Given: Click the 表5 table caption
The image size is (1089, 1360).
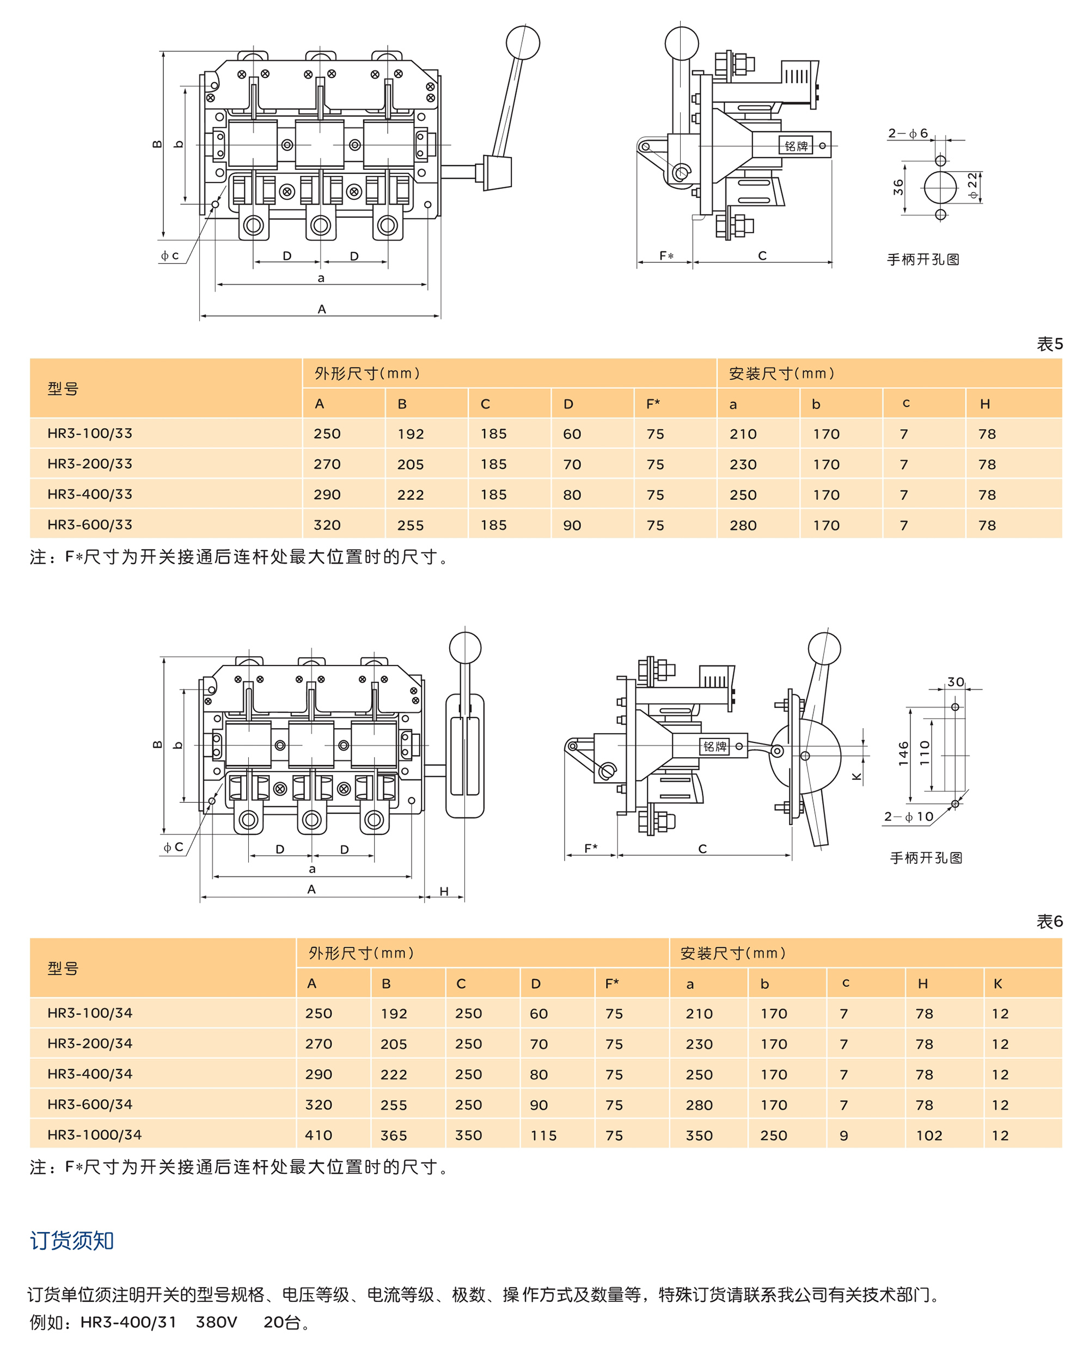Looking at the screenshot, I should pyautogui.click(x=1049, y=344).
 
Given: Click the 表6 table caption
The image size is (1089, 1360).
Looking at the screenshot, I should pyautogui.click(x=1049, y=922).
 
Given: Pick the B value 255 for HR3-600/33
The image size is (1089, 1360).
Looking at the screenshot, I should pyautogui.click(x=410, y=525).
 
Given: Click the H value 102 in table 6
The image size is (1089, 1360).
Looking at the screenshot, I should pyautogui.click(x=929, y=1135).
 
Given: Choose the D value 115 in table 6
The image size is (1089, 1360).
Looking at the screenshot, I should pyautogui.click(x=543, y=1135).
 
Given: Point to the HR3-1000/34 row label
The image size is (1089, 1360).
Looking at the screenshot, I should pyautogui.click(x=94, y=1134).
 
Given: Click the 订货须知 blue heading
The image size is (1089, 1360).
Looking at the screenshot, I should pyautogui.click(x=71, y=1240).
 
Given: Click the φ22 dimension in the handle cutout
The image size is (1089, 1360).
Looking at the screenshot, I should pyautogui.click(x=972, y=187).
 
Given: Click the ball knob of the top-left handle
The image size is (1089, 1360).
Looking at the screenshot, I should pyautogui.click(x=522, y=43).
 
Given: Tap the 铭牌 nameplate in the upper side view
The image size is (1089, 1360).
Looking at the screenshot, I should pyautogui.click(x=795, y=147).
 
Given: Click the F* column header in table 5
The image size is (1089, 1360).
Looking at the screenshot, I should pyautogui.click(x=653, y=404).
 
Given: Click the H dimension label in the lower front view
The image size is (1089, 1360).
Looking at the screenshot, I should pyautogui.click(x=444, y=891).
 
